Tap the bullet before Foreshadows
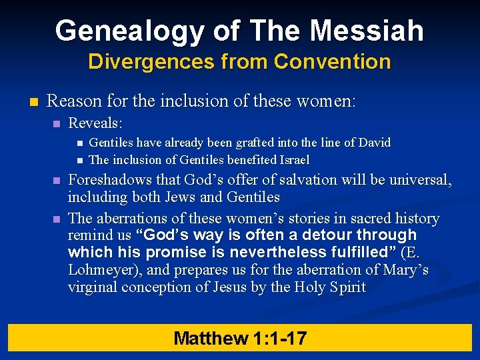(57, 181)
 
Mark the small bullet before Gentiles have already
(79, 143)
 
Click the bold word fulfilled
(359, 253)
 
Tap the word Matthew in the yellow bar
(211, 338)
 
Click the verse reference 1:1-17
(280, 338)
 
